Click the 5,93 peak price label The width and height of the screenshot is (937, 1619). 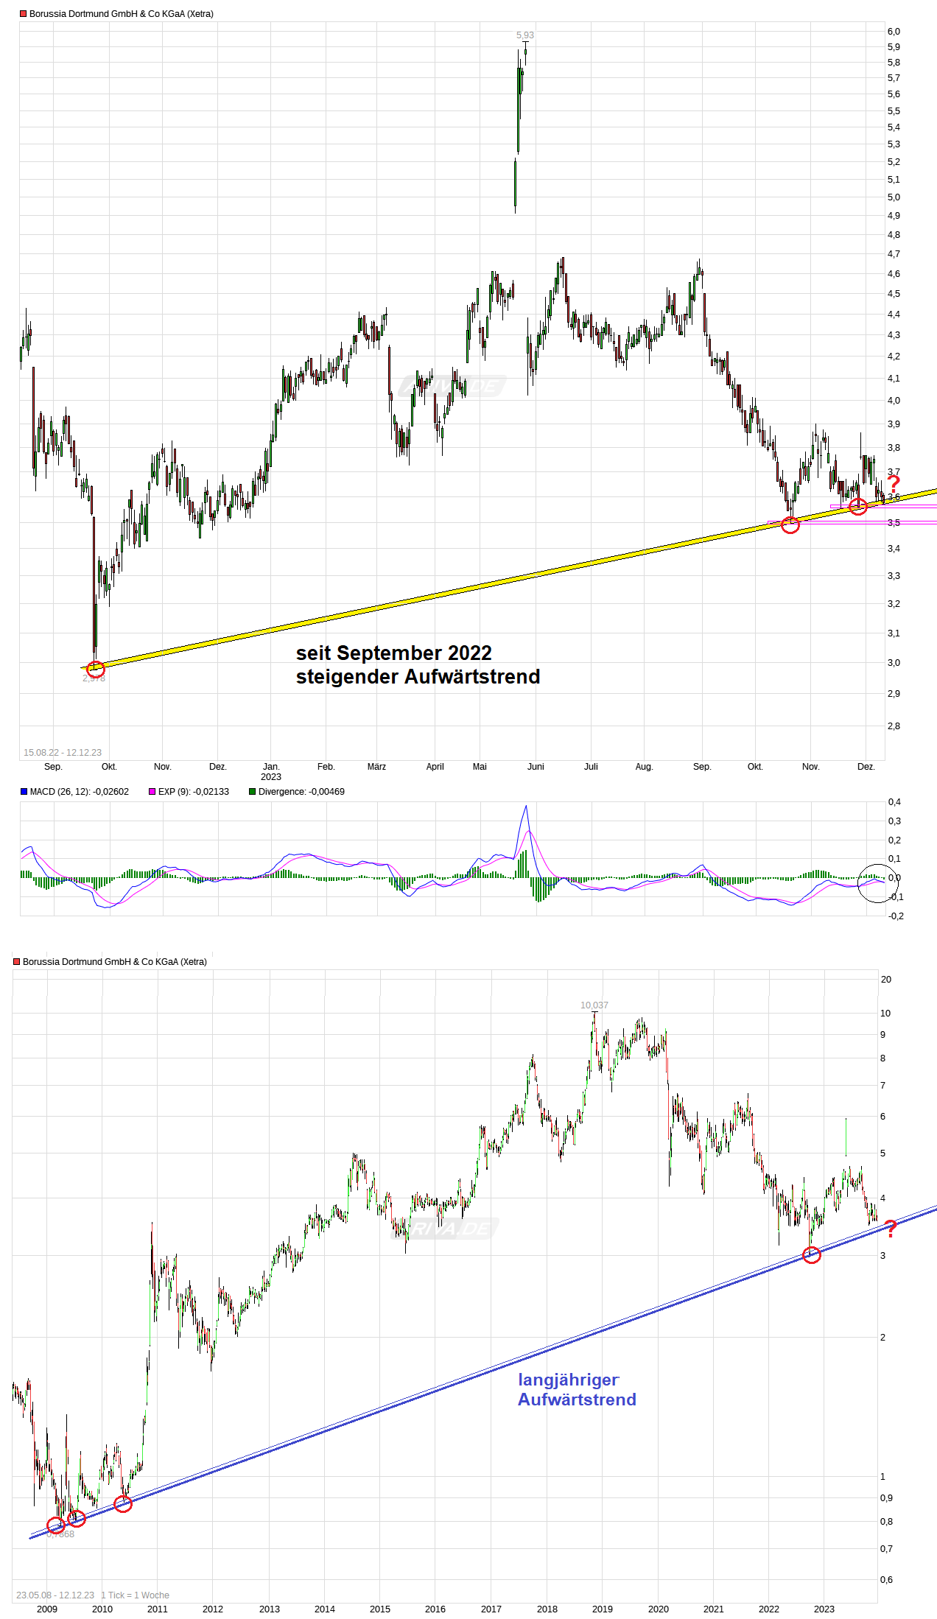[524, 35]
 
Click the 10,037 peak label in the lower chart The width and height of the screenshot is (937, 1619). [594, 1005]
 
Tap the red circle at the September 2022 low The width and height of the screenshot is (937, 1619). [96, 669]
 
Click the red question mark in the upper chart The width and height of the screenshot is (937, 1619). [893, 485]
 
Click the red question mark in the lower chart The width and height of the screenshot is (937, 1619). [890, 1229]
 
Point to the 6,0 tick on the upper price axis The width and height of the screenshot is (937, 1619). [894, 32]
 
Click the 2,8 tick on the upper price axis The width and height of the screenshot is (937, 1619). [894, 726]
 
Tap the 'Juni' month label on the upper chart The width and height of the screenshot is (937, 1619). [536, 767]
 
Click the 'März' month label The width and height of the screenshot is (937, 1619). [376, 767]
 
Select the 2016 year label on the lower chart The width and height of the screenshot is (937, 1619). [435, 1609]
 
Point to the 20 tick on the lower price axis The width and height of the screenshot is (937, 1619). [885, 980]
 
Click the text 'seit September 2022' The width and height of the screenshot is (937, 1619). [393, 653]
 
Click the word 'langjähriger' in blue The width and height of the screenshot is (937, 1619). [568, 1380]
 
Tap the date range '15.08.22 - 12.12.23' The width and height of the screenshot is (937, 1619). [63, 753]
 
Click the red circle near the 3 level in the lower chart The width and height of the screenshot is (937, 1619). [811, 1255]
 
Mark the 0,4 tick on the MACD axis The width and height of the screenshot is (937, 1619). [894, 802]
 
